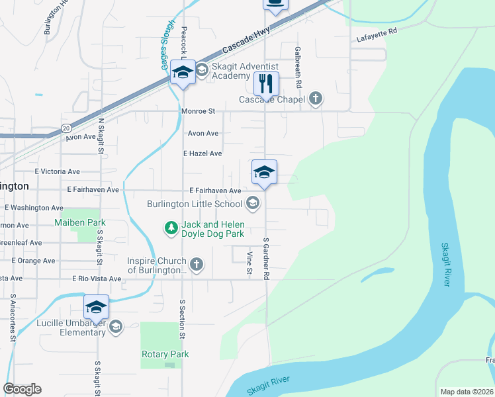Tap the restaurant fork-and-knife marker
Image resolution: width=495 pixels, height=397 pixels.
tap(266, 84)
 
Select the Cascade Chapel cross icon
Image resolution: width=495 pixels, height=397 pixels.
tap(316, 99)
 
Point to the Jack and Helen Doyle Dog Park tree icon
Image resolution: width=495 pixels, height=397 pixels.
tap(171, 228)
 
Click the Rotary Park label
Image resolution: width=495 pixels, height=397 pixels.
tap(165, 354)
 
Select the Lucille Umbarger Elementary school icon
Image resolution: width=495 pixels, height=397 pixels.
tap(116, 326)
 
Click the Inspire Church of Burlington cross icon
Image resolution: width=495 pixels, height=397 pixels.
tap(196, 265)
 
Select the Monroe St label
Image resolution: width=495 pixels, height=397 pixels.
tap(199, 112)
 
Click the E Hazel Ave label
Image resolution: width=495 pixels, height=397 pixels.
tap(202, 153)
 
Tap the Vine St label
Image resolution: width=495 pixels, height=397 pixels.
tap(249, 263)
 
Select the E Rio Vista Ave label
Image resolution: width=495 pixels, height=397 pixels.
tap(97, 279)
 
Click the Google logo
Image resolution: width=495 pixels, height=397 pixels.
tap(22, 389)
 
